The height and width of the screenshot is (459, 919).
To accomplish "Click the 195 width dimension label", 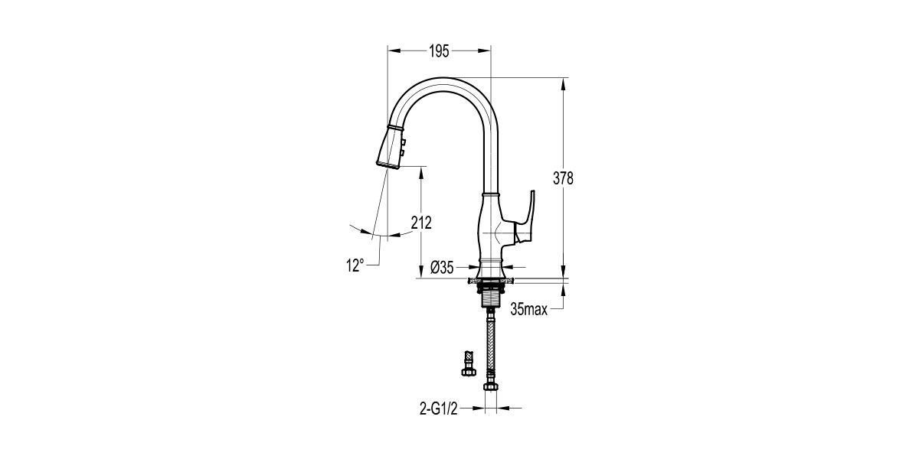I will tap(439, 51).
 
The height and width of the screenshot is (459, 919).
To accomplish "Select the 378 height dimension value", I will tap(564, 178).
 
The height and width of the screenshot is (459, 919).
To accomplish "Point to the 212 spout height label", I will tap(421, 223).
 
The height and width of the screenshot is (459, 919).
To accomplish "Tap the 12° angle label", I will tap(354, 265).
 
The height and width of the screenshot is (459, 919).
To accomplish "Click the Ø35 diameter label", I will tap(443, 267).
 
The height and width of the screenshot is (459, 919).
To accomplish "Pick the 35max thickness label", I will tap(529, 310).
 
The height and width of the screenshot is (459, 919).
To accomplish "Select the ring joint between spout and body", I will tap(490, 194).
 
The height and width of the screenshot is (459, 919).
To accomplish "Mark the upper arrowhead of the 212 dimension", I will tap(421, 170).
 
